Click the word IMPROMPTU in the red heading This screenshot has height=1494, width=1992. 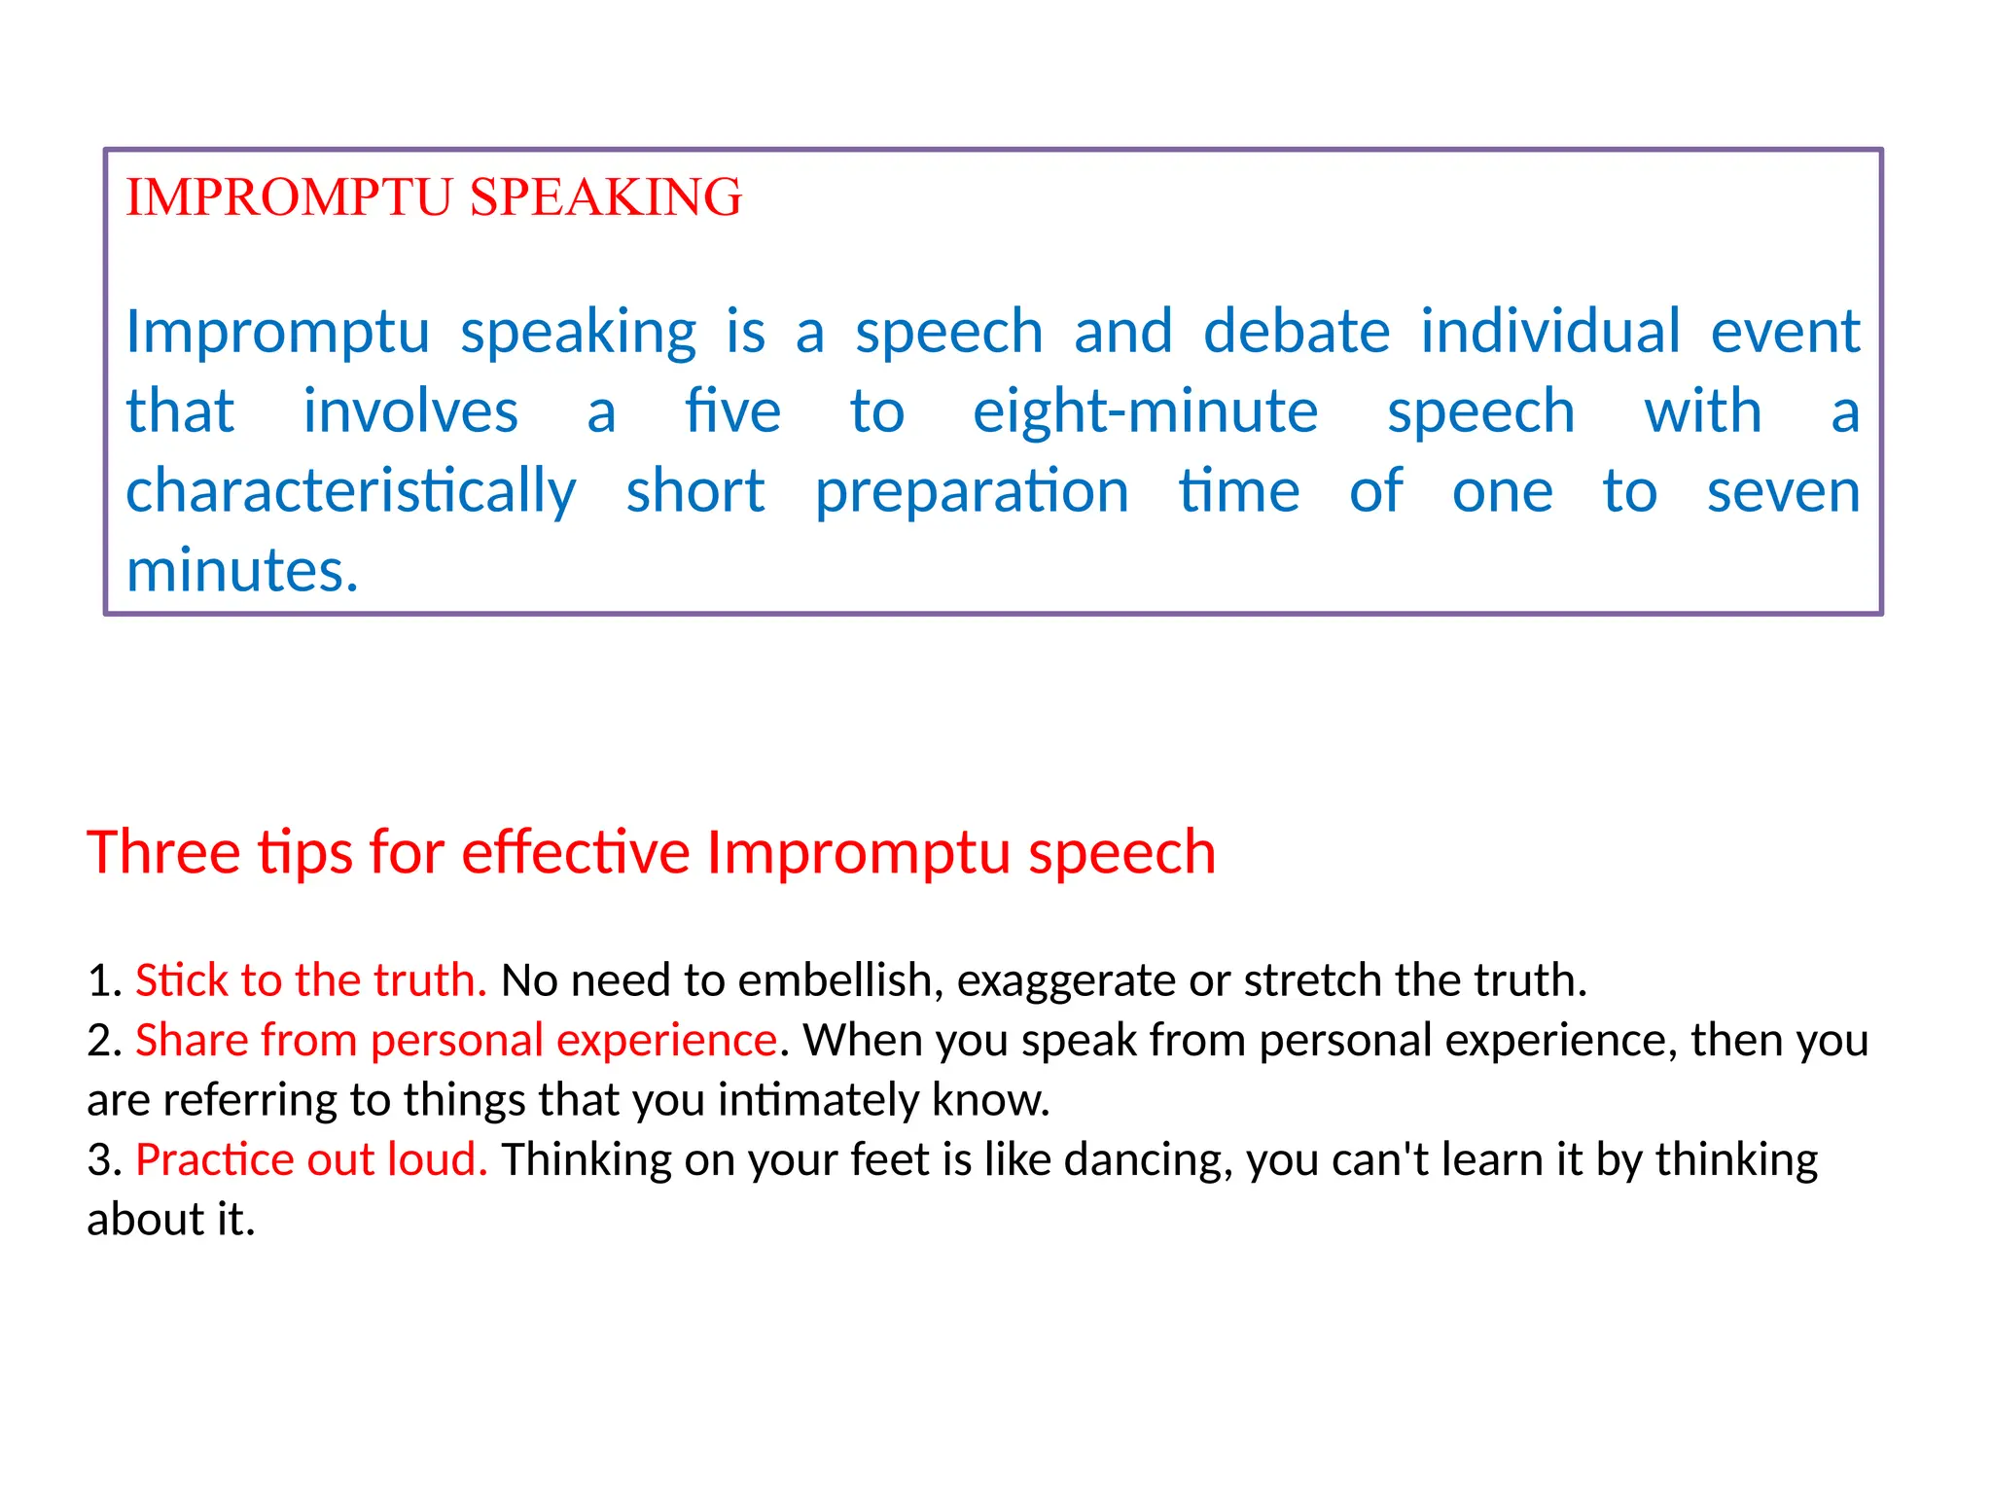click(290, 197)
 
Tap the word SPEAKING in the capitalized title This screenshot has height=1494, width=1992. click(605, 197)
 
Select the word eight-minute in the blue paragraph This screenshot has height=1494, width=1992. click(1145, 411)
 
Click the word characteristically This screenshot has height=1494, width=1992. click(350, 491)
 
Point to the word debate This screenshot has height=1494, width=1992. click(1296, 332)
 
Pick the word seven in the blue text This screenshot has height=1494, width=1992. click(1783, 491)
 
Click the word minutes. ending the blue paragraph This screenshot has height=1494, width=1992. click(242, 571)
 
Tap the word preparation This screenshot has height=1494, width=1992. click(972, 491)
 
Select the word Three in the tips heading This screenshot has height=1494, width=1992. click(163, 853)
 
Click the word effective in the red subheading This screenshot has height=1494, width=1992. click(576, 853)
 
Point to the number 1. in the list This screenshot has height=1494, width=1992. click(104, 980)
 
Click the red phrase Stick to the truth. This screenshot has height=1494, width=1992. click(310, 980)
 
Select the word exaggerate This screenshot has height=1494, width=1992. click(1066, 980)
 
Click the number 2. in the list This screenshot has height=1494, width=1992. click(104, 1041)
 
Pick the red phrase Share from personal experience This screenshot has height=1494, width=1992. click(456, 1041)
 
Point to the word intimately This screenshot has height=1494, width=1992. click(817, 1101)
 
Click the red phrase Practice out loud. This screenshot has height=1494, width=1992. click(310, 1160)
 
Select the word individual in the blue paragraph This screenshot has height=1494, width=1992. click(1549, 332)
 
